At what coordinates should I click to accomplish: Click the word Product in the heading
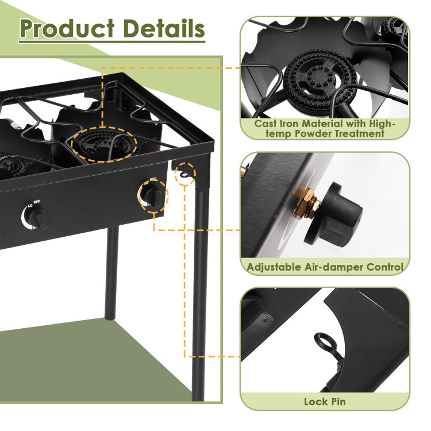coord(67,29)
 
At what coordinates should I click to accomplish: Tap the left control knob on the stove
coord(39,218)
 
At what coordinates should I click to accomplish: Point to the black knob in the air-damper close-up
coord(334,215)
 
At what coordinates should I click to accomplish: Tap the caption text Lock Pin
coord(325,402)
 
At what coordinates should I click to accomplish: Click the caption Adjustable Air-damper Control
coord(325,267)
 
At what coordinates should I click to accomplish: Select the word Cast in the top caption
coord(266,124)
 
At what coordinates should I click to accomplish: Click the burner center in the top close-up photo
coord(320,79)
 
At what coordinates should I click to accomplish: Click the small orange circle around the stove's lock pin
coord(186,174)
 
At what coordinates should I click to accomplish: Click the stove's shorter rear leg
coord(111,273)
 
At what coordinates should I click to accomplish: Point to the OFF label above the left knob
coord(37,202)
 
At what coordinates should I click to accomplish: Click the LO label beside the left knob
coord(30,206)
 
